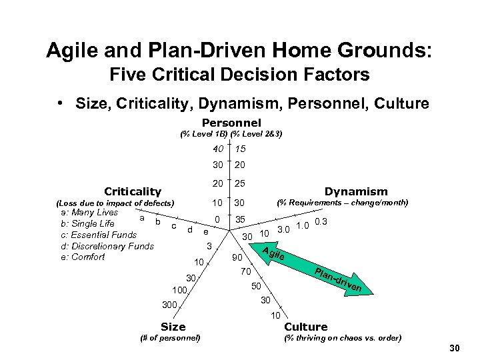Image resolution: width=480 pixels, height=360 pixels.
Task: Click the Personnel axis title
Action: click(231, 123)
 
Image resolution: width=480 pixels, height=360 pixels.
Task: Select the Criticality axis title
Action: click(133, 191)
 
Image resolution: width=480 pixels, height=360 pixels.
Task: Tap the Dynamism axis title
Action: click(355, 191)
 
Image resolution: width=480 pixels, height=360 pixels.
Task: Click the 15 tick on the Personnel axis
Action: click(240, 149)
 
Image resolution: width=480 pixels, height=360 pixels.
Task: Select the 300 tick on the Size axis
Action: click(169, 305)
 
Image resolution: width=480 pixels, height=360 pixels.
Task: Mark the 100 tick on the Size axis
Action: click(179, 290)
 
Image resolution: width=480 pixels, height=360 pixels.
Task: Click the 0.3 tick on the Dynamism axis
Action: click(321, 222)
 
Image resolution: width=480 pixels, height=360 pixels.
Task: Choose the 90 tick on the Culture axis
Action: click(236, 257)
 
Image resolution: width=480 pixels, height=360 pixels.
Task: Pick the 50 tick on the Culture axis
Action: click(256, 286)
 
